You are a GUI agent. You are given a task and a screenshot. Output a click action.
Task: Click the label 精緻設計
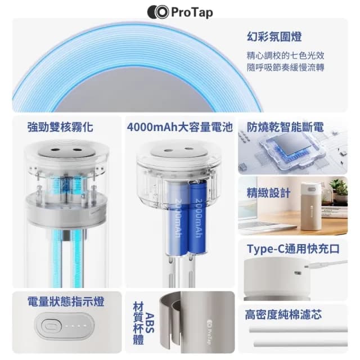(268, 193)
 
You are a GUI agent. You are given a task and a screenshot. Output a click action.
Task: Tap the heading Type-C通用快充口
(294, 249)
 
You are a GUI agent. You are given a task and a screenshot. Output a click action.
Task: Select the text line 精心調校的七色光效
(285, 56)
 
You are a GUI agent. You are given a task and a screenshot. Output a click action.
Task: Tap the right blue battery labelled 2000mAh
(198, 222)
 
